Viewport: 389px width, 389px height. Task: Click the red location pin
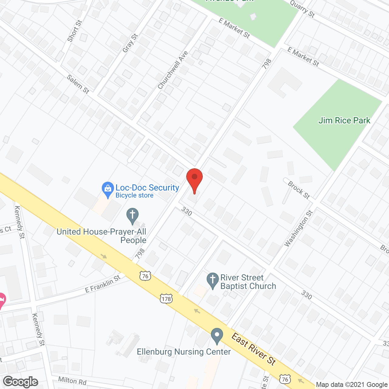[x=194, y=179]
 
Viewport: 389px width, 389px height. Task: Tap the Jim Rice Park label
[x=344, y=121]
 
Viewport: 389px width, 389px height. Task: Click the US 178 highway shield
[x=166, y=299]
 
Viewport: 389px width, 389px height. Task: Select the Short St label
[x=75, y=31]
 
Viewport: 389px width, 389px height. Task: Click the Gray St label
[x=130, y=43]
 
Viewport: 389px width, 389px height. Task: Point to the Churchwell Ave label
[x=173, y=70]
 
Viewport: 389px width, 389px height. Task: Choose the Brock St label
[x=299, y=190]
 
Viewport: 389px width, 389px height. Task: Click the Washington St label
[x=298, y=229]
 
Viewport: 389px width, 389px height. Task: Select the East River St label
[x=254, y=349]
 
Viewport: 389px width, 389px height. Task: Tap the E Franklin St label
[x=103, y=284]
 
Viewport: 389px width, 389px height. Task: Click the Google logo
[x=21, y=382]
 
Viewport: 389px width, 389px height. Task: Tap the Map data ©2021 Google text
[x=352, y=385]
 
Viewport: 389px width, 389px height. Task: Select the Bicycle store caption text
[x=134, y=195]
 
